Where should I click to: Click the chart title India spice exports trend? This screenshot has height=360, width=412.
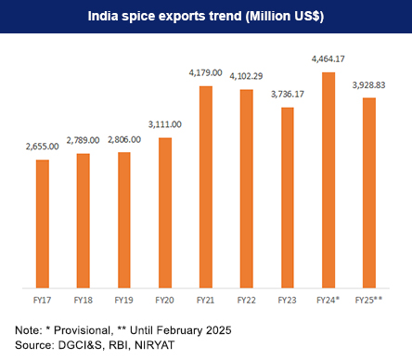(x=206, y=17)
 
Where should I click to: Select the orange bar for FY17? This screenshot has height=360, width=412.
(x=43, y=224)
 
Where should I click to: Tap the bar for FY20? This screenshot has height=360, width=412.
(x=165, y=212)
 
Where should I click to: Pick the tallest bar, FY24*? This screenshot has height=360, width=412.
(x=328, y=180)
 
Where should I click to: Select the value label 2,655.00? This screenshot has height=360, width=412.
(x=43, y=148)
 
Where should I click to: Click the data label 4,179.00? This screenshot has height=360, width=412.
(x=206, y=74)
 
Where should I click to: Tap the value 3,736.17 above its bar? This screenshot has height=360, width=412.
(x=288, y=96)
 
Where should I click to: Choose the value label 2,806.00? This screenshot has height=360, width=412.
(x=124, y=141)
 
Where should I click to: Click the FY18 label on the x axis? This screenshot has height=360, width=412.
(x=84, y=301)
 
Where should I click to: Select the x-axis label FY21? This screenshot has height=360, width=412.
(x=206, y=301)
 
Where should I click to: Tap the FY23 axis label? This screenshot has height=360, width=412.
(x=288, y=301)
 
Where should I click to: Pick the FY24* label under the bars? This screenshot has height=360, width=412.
(x=329, y=301)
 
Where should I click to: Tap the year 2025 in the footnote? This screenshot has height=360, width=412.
(x=214, y=329)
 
